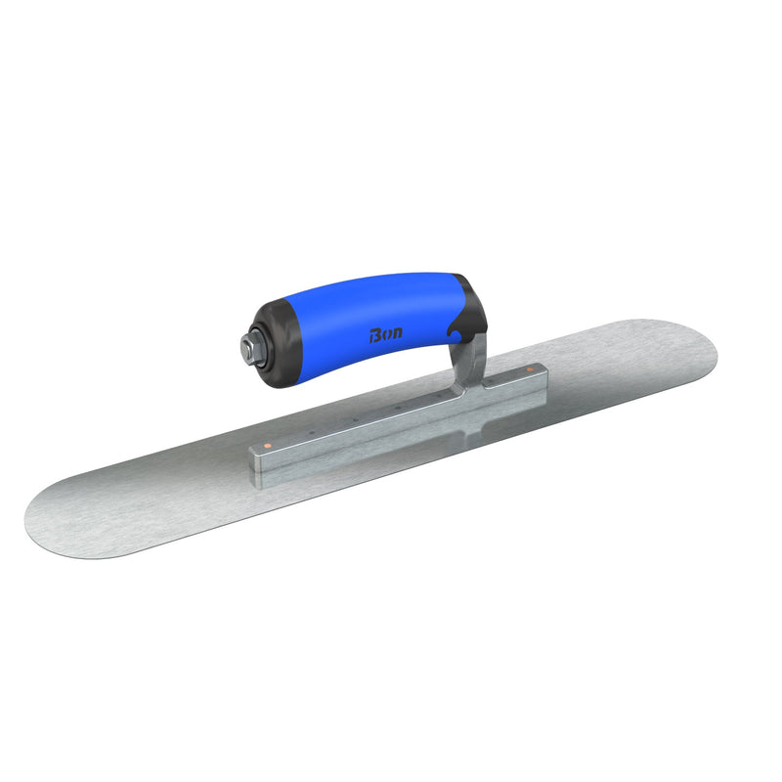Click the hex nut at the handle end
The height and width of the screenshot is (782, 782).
tap(246, 347)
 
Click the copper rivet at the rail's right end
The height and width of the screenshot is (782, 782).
tap(530, 370)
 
